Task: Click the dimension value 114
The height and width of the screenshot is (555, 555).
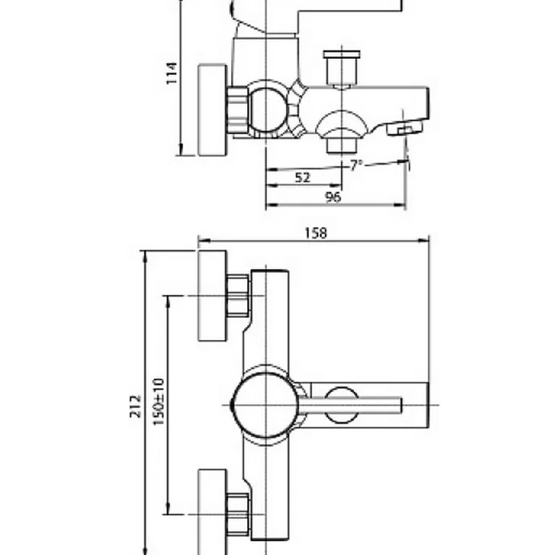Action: (x=171, y=74)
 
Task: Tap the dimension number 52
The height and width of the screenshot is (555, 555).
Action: (x=302, y=178)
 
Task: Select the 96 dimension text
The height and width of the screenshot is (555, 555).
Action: (x=333, y=197)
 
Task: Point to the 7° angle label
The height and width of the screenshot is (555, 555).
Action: (x=357, y=165)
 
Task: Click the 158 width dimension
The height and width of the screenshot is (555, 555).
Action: (x=316, y=233)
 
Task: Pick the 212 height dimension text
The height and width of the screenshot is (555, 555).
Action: (x=135, y=407)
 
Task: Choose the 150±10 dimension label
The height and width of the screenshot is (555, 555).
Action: (x=159, y=402)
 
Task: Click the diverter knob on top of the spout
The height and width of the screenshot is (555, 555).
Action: (x=341, y=69)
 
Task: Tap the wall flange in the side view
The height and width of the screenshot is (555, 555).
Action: (x=212, y=110)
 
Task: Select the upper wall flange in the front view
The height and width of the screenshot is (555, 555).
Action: (x=212, y=296)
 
